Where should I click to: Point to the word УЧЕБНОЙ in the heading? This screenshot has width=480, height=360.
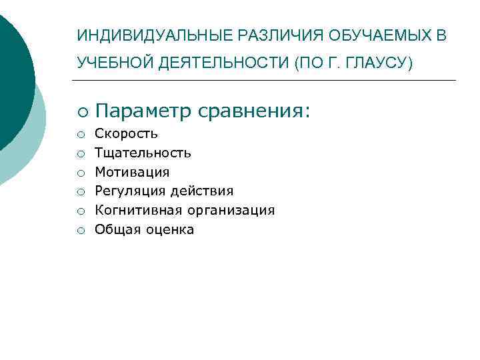tap(115, 63)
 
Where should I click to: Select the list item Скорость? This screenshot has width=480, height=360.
tap(126, 134)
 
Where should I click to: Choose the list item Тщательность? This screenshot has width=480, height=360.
tap(143, 153)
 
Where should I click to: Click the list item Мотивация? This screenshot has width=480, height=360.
tap(132, 172)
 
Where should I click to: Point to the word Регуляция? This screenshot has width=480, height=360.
tap(130, 191)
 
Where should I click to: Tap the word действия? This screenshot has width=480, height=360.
tap(202, 191)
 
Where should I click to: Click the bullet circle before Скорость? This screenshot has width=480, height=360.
tap(79, 135)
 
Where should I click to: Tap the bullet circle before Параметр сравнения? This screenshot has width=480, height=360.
tap(80, 112)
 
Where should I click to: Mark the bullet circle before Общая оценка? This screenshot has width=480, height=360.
tap(79, 231)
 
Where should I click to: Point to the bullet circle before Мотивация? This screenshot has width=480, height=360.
tap(79, 173)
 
